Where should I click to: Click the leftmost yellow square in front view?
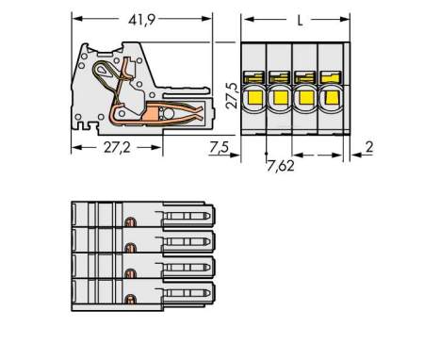pyautogui.click(x=254, y=95)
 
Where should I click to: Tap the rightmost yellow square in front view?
pyautogui.click(x=331, y=95)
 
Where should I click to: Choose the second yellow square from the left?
pyautogui.click(x=280, y=95)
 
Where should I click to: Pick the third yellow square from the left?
pyautogui.click(x=305, y=95)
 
